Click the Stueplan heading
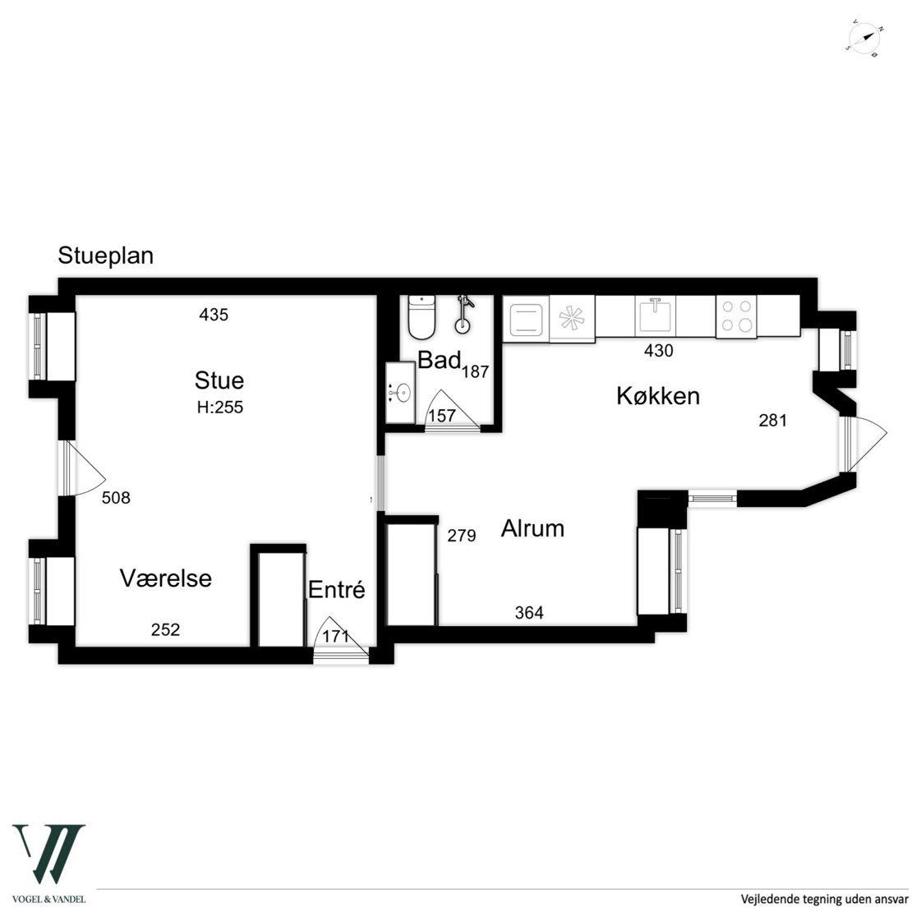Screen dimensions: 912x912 106,256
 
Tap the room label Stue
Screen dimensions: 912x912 219,380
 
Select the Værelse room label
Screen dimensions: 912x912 166,578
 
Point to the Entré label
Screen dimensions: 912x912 337,590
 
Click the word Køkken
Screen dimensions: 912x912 658,396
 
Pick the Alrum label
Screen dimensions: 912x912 532,528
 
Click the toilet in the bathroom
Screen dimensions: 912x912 421,317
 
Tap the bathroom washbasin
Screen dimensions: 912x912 401,394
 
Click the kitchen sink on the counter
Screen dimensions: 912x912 655,315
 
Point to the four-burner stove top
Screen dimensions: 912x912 736,316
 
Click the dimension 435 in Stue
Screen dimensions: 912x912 214,315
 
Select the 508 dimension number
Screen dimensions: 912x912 117,498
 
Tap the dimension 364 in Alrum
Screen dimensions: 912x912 529,612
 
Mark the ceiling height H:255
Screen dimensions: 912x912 220,408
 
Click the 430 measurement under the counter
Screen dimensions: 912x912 658,351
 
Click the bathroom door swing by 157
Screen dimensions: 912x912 453,410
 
